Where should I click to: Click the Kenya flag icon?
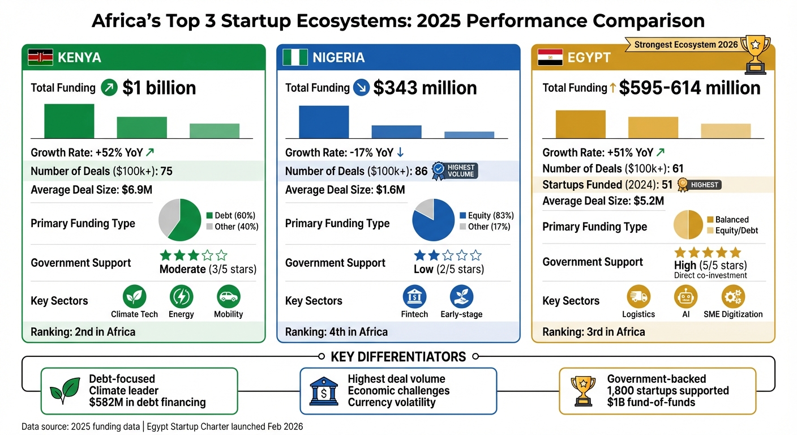click(x=41, y=57)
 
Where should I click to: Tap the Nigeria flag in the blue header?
click(x=295, y=57)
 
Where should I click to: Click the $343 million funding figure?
click(x=425, y=88)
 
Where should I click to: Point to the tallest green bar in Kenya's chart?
click(x=69, y=121)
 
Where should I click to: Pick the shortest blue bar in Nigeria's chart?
click(x=469, y=135)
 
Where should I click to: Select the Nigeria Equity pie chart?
click(x=433, y=220)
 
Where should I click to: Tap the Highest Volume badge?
click(x=455, y=170)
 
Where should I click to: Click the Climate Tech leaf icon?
click(x=134, y=296)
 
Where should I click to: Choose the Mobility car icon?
click(x=228, y=296)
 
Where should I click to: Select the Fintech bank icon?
click(x=414, y=296)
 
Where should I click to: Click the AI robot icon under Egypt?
click(x=685, y=296)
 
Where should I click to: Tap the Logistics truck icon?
click(x=639, y=296)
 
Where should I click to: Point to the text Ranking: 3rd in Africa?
click(x=593, y=332)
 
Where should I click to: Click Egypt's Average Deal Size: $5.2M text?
click(x=603, y=201)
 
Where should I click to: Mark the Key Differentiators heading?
click(x=398, y=357)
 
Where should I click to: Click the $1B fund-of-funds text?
click(x=651, y=403)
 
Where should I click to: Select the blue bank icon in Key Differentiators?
click(x=324, y=391)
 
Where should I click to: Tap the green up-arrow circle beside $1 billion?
click(x=109, y=88)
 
